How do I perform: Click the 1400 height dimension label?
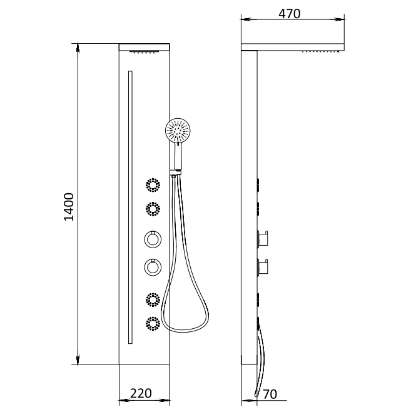click(69, 207)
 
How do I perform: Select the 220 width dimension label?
click(141, 393)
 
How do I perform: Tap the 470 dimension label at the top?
click(289, 14)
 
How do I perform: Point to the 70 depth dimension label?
click(270, 394)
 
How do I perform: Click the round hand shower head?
click(178, 131)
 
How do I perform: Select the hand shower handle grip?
click(178, 156)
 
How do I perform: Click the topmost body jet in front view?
click(153, 185)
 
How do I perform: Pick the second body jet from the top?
click(153, 209)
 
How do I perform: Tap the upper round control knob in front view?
click(153, 239)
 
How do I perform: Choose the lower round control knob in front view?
click(153, 267)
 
